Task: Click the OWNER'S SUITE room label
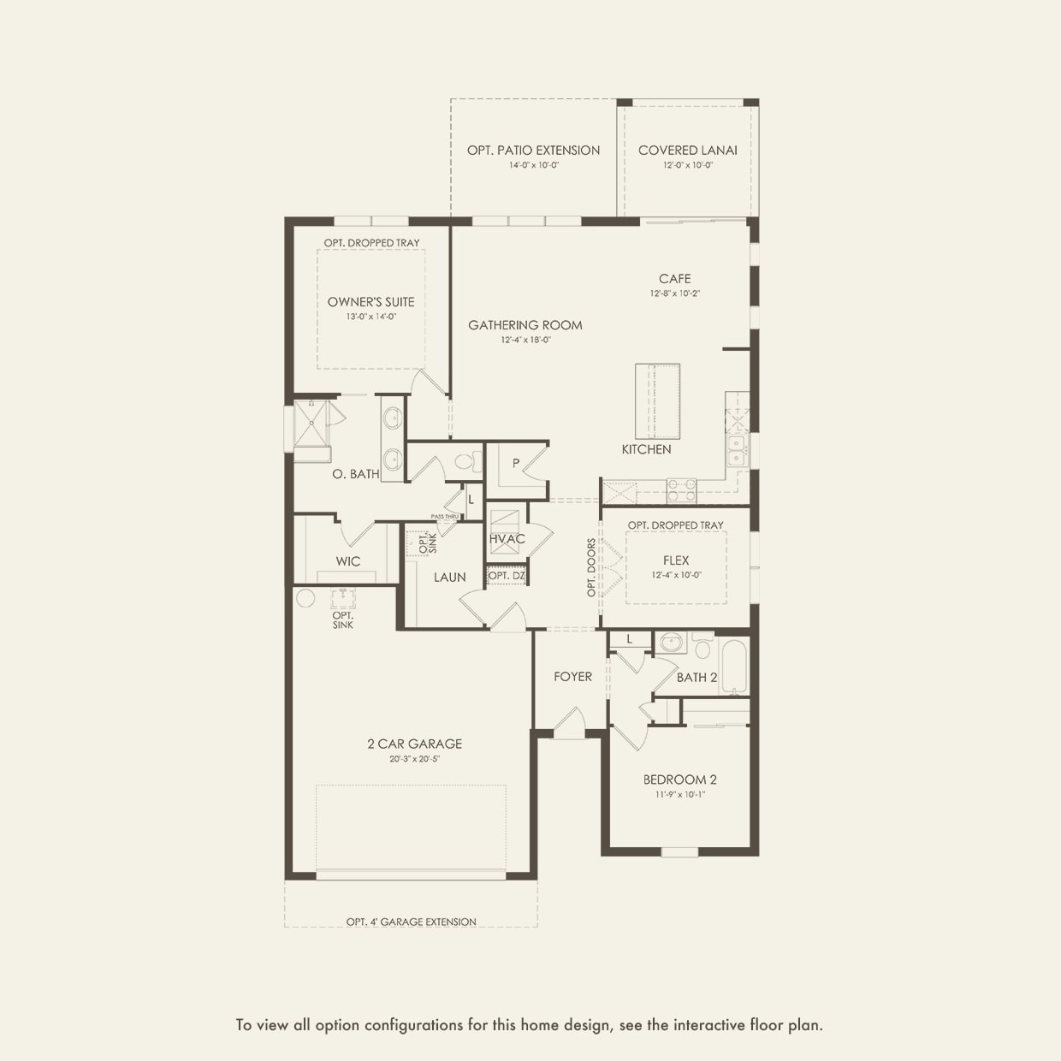point(370,302)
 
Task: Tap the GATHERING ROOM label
point(525,325)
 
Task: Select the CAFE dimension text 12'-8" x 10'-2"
point(674,293)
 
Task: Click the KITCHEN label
point(646,449)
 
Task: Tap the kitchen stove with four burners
point(681,490)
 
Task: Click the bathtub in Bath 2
point(733,667)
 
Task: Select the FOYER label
point(572,677)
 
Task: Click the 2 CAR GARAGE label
point(414,744)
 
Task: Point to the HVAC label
point(507,539)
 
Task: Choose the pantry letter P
point(516,463)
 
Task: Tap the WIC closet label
point(347,561)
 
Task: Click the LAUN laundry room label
point(449,578)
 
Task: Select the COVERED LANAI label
point(687,151)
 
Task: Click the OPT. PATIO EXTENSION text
point(533,151)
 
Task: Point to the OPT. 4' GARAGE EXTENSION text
point(411,922)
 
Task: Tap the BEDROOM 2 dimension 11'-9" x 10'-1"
point(679,795)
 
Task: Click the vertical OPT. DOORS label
point(591,567)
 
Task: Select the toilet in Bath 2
point(702,648)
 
